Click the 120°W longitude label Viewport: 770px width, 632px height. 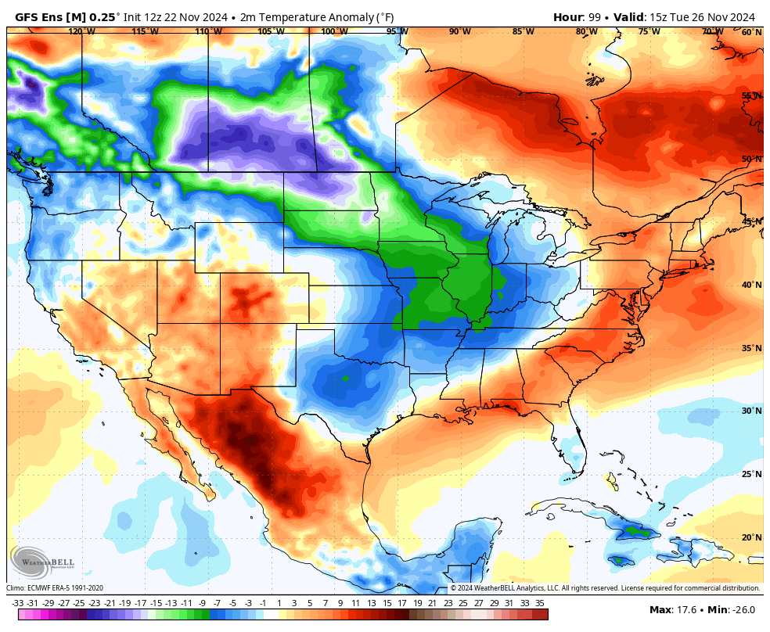pyautogui.click(x=81, y=32)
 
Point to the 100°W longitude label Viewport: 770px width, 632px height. pyautogui.click(x=334, y=32)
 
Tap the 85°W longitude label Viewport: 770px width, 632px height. pyautogui.click(x=524, y=32)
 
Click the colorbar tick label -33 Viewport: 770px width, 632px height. pyautogui.click(x=17, y=603)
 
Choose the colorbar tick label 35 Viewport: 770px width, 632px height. pyautogui.click(x=540, y=603)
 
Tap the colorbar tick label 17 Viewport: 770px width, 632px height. pyautogui.click(x=401, y=603)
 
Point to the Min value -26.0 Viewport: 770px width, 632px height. pyautogui.click(x=745, y=609)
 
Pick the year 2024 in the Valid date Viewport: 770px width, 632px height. pyautogui.click(x=740, y=17)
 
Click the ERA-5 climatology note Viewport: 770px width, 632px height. pyautogui.click(x=55, y=588)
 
